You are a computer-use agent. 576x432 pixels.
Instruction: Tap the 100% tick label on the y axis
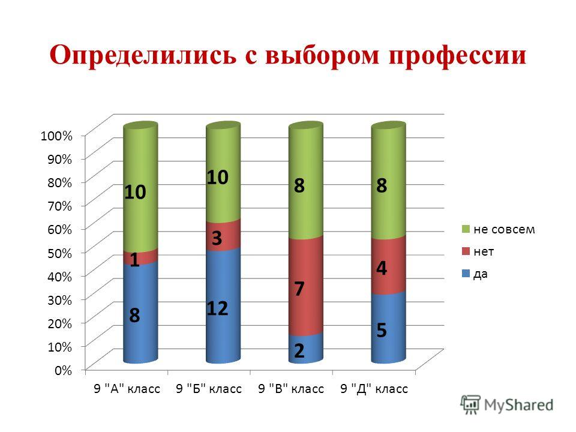pyautogui.click(x=56, y=136)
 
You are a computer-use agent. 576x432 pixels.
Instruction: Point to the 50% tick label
pyautogui.click(x=59, y=253)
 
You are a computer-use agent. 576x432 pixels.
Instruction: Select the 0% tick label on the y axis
pyautogui.click(x=63, y=370)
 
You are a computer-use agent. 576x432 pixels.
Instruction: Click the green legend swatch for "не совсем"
pyautogui.click(x=466, y=229)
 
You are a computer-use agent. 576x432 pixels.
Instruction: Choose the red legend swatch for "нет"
pyautogui.click(x=466, y=251)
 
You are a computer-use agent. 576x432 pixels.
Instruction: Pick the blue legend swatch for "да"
pyautogui.click(x=466, y=274)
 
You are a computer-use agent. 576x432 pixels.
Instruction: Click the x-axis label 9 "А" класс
pyautogui.click(x=127, y=389)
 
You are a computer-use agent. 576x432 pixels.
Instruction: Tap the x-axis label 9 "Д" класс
pyautogui.click(x=374, y=389)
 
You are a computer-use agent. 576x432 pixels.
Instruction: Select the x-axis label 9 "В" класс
pyautogui.click(x=291, y=389)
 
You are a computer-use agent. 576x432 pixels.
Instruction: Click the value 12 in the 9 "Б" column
pyautogui.click(x=217, y=308)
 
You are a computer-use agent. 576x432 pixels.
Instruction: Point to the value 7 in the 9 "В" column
pyautogui.click(x=299, y=289)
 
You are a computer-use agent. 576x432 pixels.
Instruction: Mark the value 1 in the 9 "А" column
pyautogui.click(x=134, y=260)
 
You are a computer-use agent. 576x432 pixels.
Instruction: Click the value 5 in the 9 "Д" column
pyautogui.click(x=382, y=330)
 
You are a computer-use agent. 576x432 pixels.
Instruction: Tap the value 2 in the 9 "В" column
pyautogui.click(x=299, y=350)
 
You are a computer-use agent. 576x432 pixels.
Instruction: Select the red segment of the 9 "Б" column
pyautogui.click(x=223, y=235)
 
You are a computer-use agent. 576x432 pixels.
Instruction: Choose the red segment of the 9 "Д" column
pyautogui.click(x=388, y=265)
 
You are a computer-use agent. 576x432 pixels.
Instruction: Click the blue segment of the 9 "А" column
pyautogui.click(x=140, y=312)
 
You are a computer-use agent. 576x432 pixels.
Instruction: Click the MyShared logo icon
pyautogui.click(x=470, y=405)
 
